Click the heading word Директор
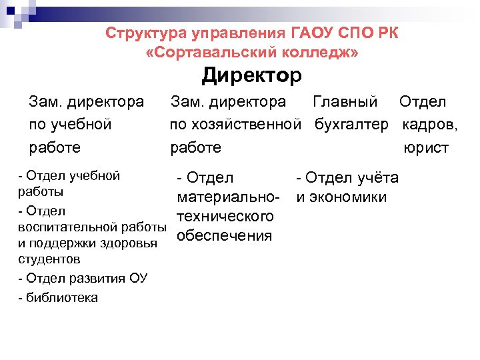[252, 75]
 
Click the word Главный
[345, 102]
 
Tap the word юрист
[426, 147]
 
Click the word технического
[225, 217]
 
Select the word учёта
[378, 177]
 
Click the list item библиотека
[61, 297]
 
